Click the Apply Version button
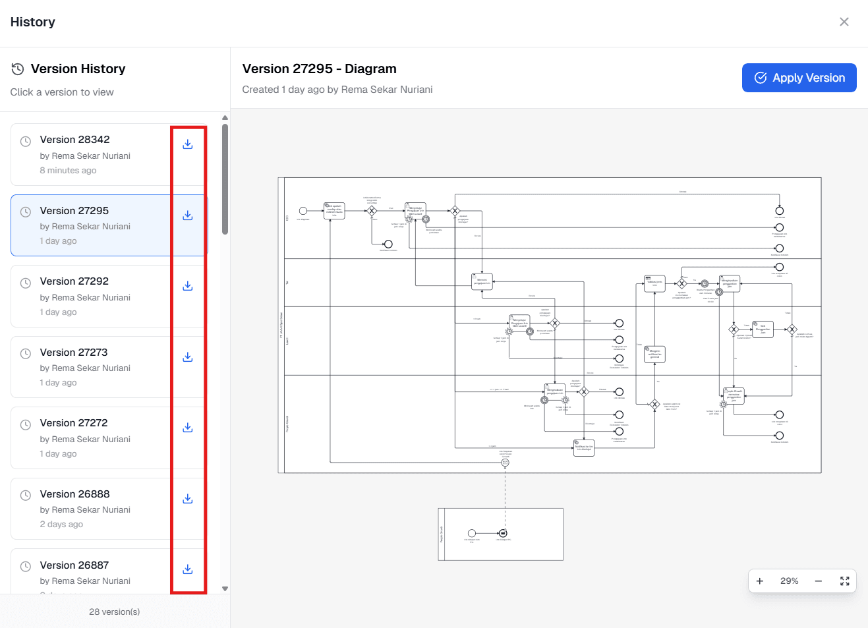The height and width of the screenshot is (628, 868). coord(799,78)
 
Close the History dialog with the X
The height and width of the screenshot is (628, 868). coord(844,22)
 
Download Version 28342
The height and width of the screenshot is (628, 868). coord(188,144)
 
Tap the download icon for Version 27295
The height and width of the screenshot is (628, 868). coord(188,215)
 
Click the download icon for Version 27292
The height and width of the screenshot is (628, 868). coord(188,286)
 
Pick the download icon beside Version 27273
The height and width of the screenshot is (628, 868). coord(188,357)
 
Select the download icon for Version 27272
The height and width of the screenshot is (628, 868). coord(188,428)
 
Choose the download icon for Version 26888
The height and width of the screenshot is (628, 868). coord(188,499)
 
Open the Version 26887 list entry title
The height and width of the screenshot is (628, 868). coord(74,565)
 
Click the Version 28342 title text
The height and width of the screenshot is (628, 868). coord(74,140)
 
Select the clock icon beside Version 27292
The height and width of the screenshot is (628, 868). coord(26,283)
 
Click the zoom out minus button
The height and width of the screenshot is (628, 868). coord(818,581)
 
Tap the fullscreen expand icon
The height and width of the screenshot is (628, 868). coord(844,581)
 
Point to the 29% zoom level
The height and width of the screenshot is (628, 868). coord(789,581)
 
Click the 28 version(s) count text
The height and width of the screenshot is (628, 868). coord(115,612)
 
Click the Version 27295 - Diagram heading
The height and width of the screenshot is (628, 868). coord(319,69)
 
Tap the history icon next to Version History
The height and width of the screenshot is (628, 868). coord(18,69)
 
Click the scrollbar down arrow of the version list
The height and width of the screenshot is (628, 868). coord(225,588)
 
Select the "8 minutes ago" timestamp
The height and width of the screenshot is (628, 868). coord(68,171)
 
